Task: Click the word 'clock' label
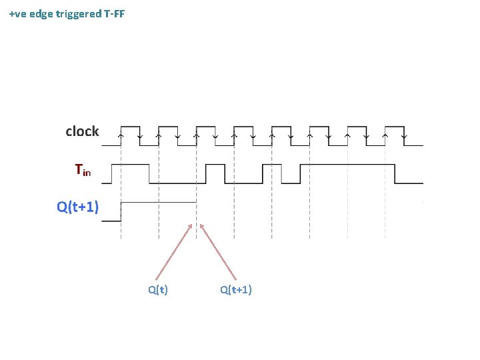click(x=82, y=131)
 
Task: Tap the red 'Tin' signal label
click(x=83, y=171)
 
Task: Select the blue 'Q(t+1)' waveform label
click(x=78, y=207)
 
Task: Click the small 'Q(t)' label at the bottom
click(x=158, y=289)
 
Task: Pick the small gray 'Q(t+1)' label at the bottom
click(x=235, y=289)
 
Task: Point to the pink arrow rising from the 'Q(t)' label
click(x=174, y=251)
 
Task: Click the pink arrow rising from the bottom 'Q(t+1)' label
click(x=218, y=251)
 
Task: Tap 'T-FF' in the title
click(x=115, y=13)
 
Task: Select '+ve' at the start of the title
click(x=19, y=13)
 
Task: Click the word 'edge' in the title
click(x=43, y=13)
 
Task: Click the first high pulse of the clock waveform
click(x=129, y=126)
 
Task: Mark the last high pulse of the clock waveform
click(x=395, y=126)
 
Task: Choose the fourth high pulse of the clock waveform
click(x=243, y=126)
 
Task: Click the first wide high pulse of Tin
click(x=134, y=164)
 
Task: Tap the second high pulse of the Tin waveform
click(x=215, y=164)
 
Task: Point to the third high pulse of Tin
click(x=291, y=164)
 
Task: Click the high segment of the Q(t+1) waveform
click(x=158, y=202)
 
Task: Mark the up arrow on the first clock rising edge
click(x=121, y=135)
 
